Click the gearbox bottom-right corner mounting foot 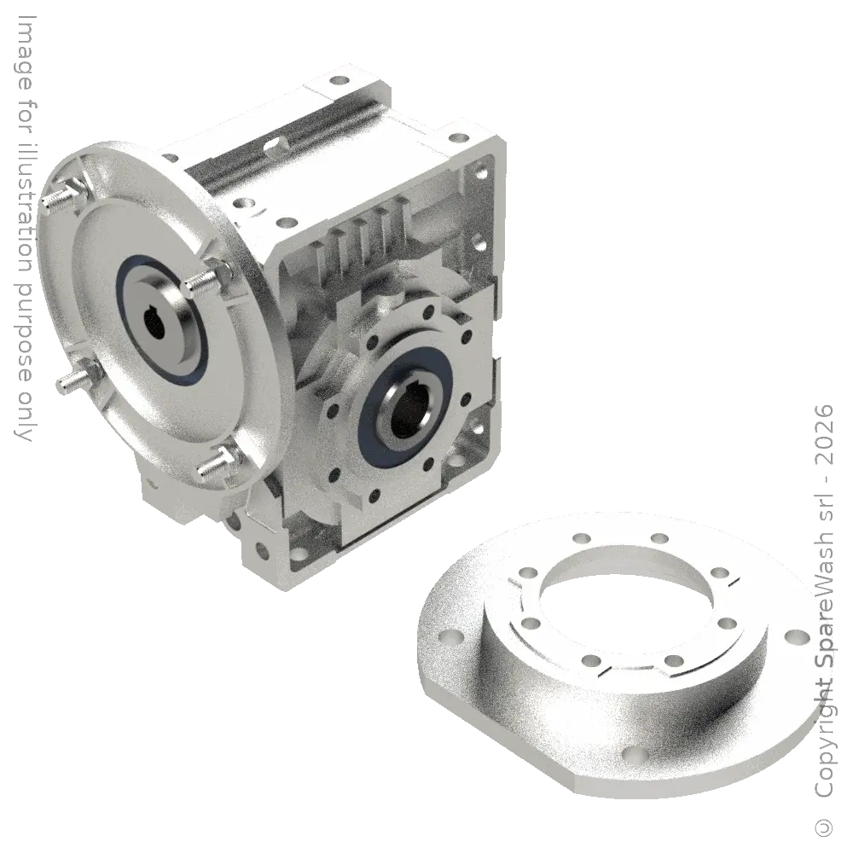tap(474, 444)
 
